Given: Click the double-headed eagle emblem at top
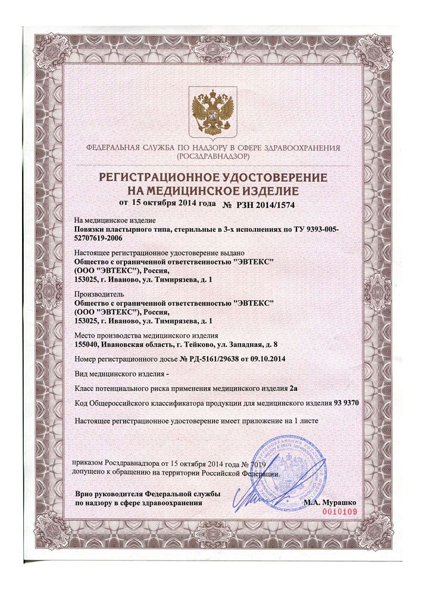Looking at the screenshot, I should point(212,111).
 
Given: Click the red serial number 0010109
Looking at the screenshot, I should point(339,512).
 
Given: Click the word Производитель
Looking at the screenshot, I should point(98,294).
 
